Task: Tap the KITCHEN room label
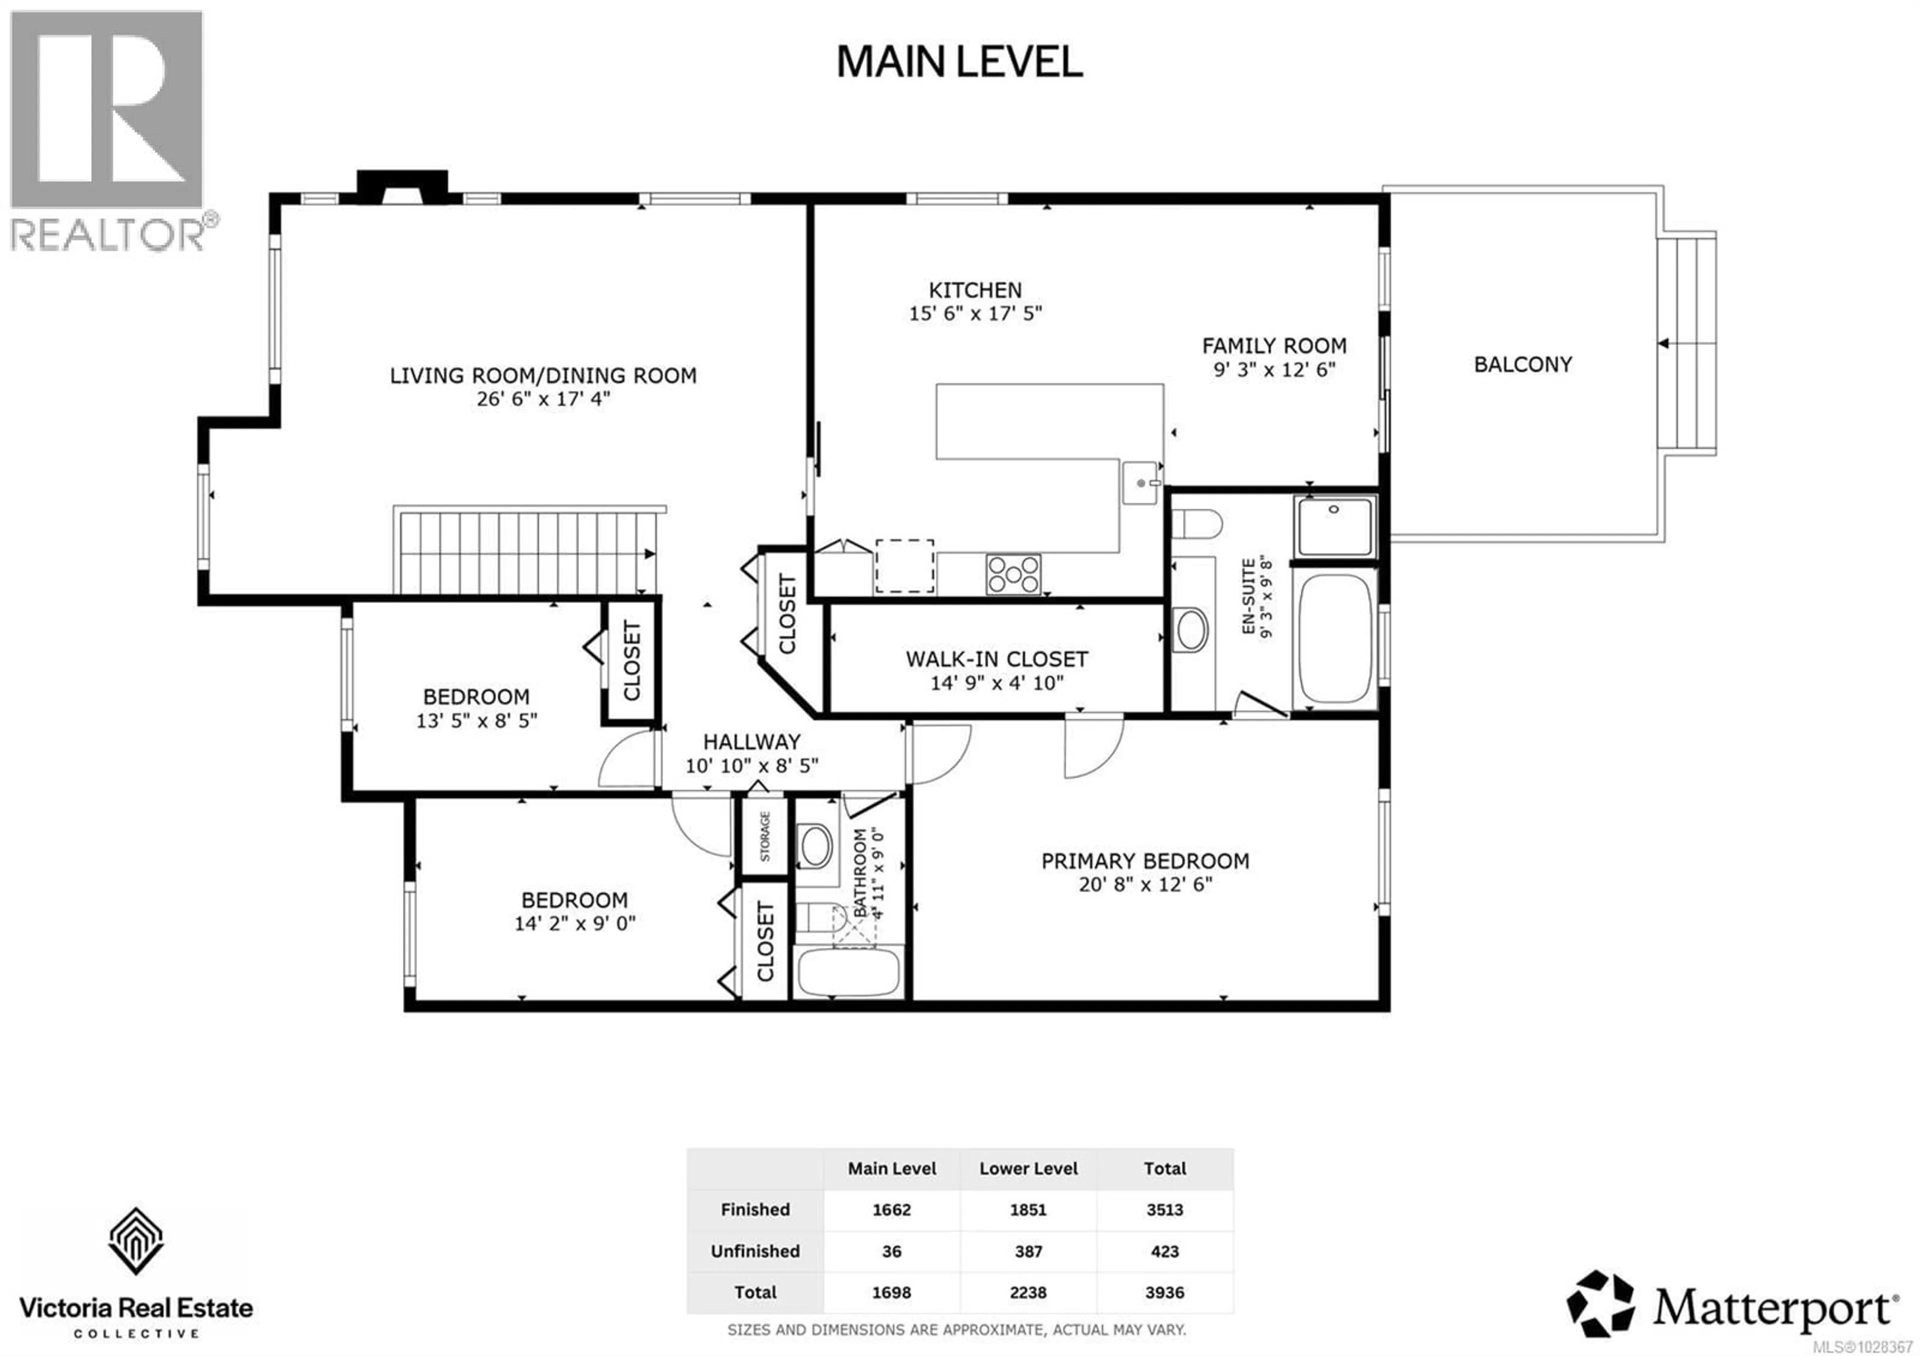click(x=975, y=290)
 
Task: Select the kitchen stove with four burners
click(x=1012, y=574)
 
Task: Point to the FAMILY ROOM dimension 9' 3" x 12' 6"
click(x=1273, y=369)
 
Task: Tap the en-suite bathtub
click(x=1334, y=638)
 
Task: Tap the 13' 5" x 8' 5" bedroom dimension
click(x=476, y=720)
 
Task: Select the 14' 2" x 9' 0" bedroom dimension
click(x=574, y=924)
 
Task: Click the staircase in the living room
click(x=527, y=552)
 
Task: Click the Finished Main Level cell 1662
click(x=891, y=1209)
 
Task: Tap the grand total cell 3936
click(x=1164, y=1292)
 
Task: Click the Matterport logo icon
click(x=1599, y=1304)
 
